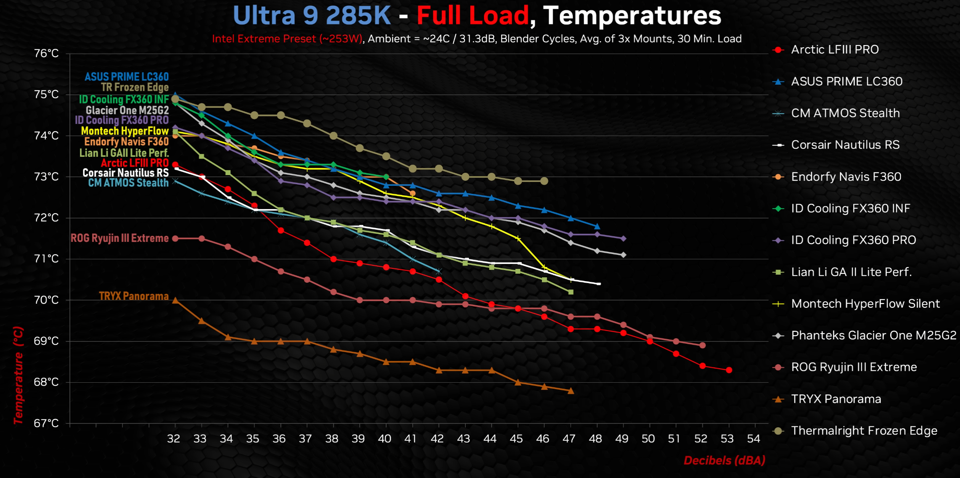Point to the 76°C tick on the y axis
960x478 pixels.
(47, 53)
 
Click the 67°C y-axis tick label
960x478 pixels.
(47, 423)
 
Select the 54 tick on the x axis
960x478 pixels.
(753, 439)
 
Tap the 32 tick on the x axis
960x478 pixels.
(174, 439)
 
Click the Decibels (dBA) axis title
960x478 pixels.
(724, 460)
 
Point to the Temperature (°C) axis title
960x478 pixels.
(18, 375)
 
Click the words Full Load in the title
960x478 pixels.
(473, 16)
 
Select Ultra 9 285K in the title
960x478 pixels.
(312, 16)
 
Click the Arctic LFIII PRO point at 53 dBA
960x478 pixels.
(729, 370)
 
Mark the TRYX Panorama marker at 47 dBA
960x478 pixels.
(571, 391)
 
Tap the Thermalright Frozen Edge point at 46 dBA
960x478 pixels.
(544, 181)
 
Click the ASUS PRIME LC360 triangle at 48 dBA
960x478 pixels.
(597, 227)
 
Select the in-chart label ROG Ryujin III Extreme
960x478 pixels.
(119, 238)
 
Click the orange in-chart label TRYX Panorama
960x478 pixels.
(133, 296)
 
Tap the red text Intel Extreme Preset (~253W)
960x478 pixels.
(287, 39)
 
